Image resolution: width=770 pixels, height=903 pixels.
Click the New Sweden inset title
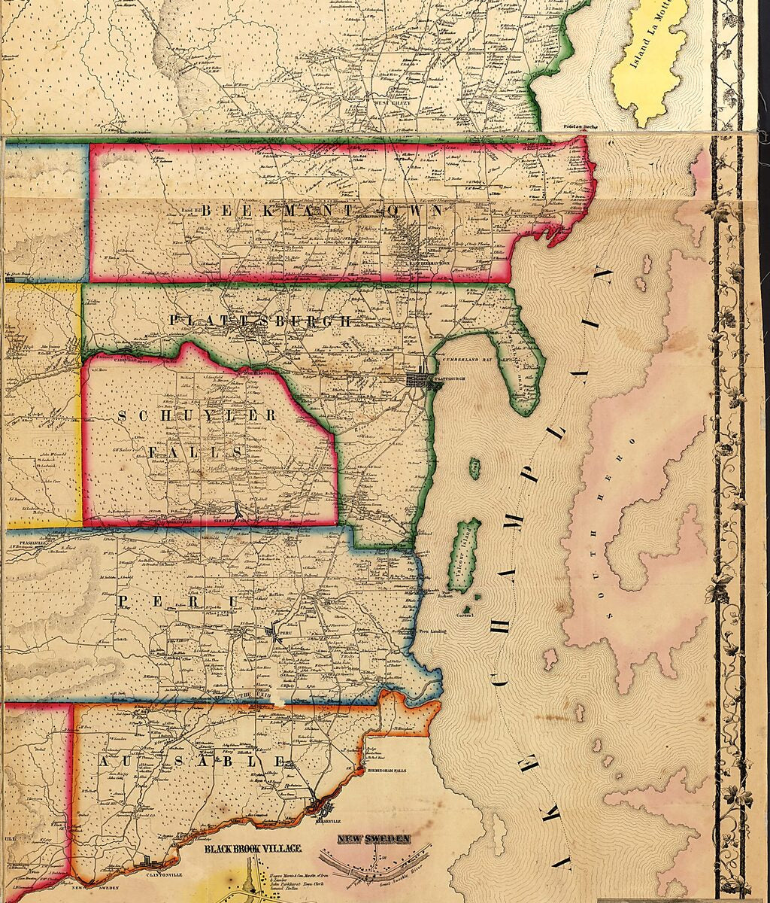click(374, 839)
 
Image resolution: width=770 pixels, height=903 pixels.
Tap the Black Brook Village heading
click(253, 849)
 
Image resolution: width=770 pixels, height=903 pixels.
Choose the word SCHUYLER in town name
click(197, 416)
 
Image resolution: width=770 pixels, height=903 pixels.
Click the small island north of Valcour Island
click(474, 469)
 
